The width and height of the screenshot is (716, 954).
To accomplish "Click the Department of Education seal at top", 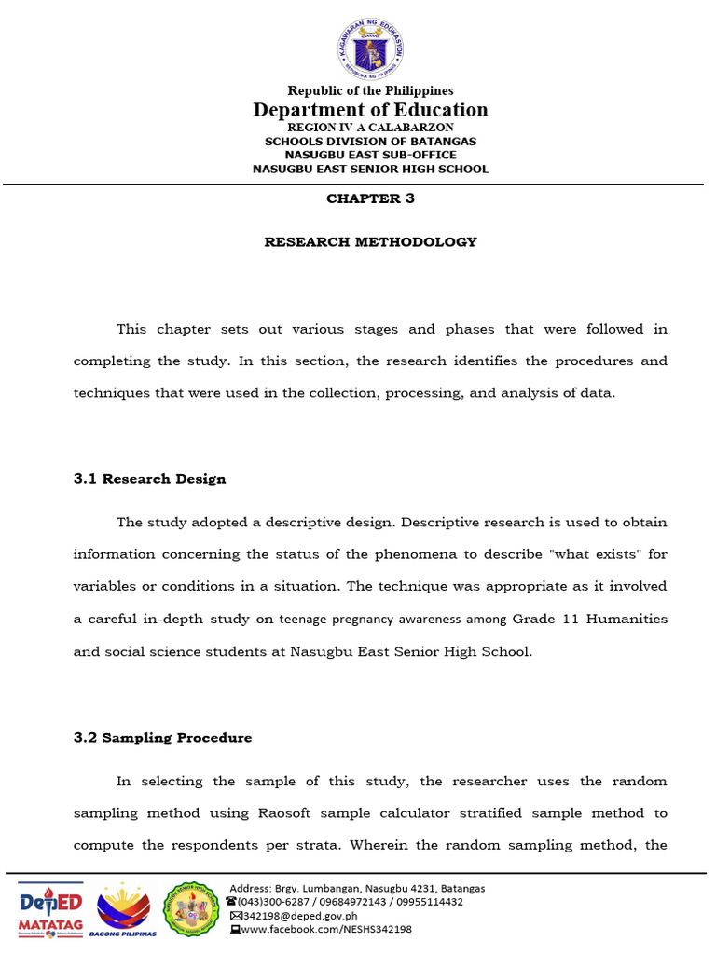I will click(x=370, y=48).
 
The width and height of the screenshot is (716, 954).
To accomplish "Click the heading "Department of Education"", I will click(x=370, y=110).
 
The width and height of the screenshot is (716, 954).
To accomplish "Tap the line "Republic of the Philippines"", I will click(x=370, y=90).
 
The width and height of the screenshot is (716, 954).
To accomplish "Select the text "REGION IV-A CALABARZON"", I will click(x=370, y=127).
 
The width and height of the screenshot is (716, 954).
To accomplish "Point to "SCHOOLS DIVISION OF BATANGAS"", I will click(x=370, y=141).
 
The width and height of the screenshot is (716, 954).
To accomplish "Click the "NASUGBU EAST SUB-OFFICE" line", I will click(x=370, y=155).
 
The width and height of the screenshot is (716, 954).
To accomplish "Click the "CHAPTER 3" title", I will click(x=370, y=198).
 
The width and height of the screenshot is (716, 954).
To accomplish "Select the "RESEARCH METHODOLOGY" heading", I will click(x=370, y=242).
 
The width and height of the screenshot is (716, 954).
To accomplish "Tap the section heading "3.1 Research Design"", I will click(x=149, y=479).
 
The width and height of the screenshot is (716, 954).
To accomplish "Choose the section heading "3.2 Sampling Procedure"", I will click(x=162, y=738).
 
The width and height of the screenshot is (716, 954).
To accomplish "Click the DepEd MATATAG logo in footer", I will click(x=51, y=909).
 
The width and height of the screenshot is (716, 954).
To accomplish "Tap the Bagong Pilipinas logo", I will click(x=128, y=909).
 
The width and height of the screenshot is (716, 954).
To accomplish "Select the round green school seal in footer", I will click(x=192, y=909).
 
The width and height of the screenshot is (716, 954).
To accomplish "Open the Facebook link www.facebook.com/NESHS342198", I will click(x=325, y=929).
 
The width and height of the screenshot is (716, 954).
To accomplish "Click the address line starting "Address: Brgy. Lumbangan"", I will click(x=357, y=888).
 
